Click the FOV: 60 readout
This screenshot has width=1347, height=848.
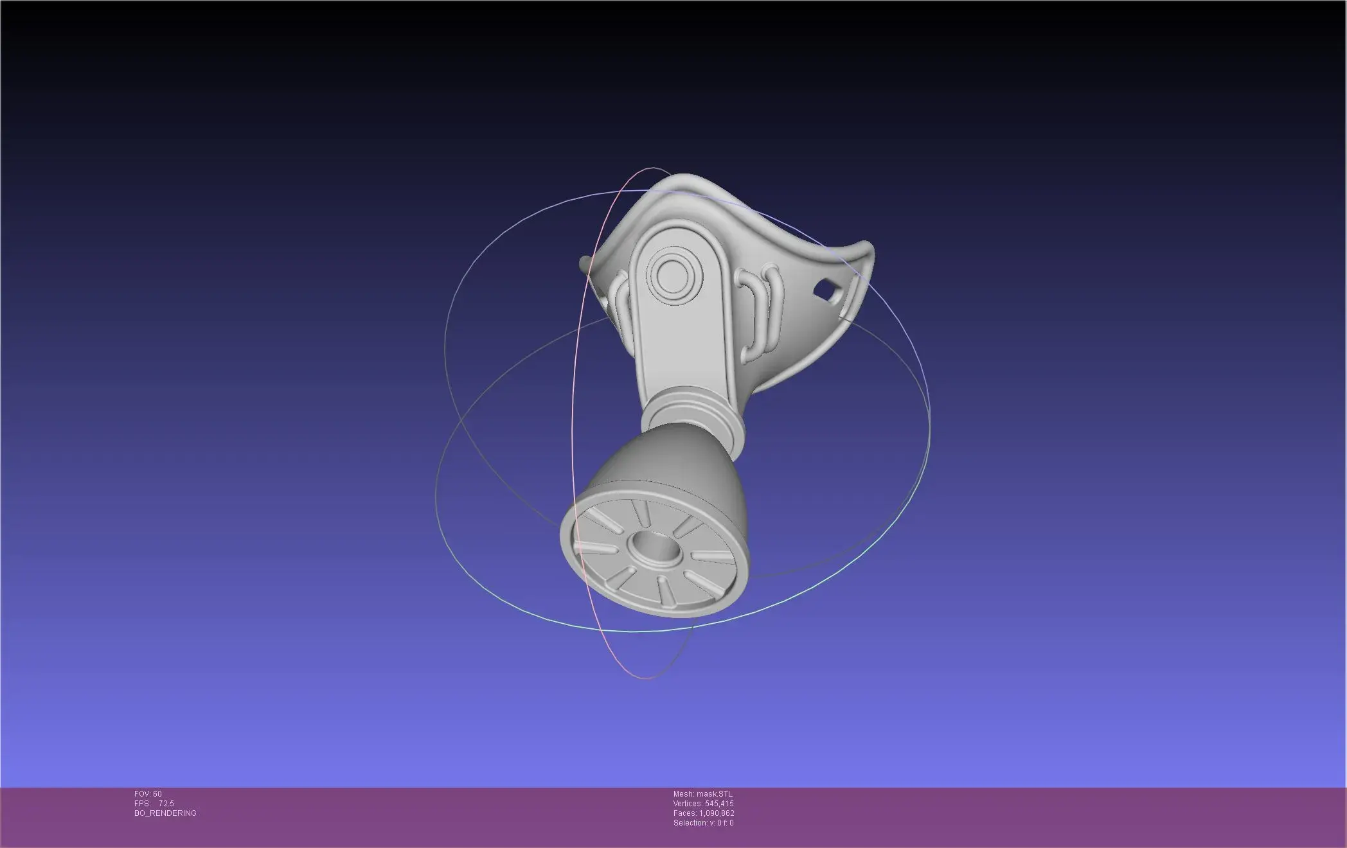click(x=148, y=794)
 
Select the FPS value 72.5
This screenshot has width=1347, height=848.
click(x=166, y=804)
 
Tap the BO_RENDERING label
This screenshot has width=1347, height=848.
click(x=165, y=813)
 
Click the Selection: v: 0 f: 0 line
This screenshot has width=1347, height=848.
click(x=703, y=823)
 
